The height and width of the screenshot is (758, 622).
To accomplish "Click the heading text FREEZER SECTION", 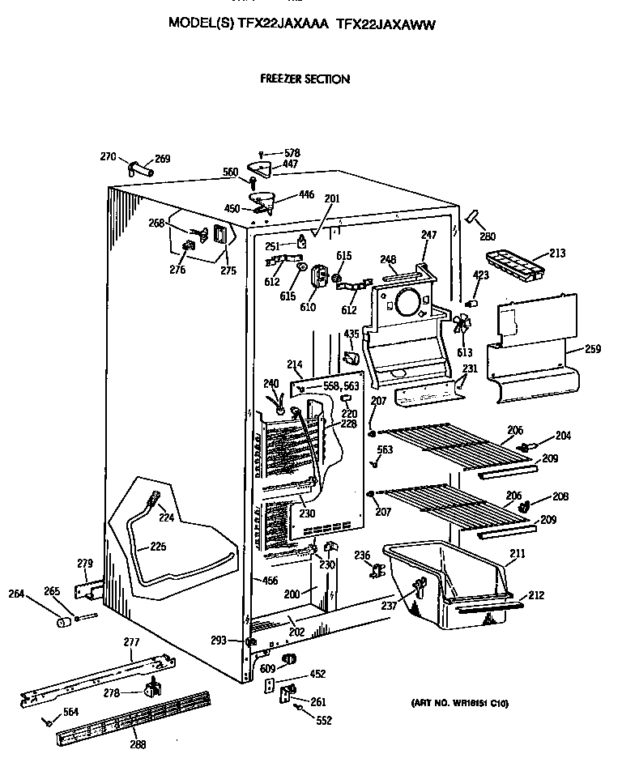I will [x=305, y=79].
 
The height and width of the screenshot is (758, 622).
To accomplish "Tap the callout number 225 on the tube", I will [x=158, y=547].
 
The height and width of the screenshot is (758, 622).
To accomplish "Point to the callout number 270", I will [x=108, y=156].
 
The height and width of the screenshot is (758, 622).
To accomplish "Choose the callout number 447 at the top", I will [x=290, y=164].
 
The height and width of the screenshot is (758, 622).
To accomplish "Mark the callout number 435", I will [x=351, y=334].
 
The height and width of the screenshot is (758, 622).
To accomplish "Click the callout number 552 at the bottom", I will [x=324, y=720].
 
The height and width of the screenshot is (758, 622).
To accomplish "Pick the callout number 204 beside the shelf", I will [x=562, y=436].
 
